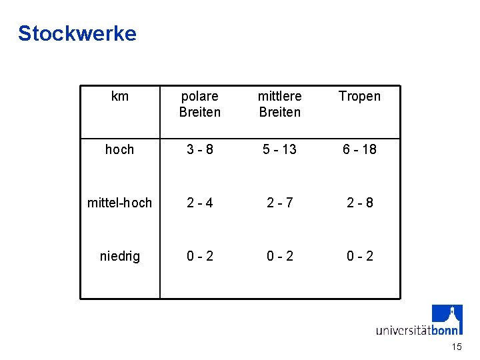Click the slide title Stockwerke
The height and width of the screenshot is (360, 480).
pyautogui.click(x=77, y=33)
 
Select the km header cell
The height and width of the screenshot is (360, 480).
pyautogui.click(x=120, y=97)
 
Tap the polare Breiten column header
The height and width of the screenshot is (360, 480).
pyautogui.click(x=200, y=104)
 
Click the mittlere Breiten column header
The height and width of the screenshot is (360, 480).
pyautogui.click(x=280, y=104)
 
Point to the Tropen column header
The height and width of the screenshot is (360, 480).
pyautogui.click(x=359, y=97)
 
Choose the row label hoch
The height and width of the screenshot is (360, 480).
pyautogui.click(x=120, y=149)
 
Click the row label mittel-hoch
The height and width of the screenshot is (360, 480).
pyautogui.click(x=120, y=203)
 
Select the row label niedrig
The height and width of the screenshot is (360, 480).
pyautogui.click(x=120, y=256)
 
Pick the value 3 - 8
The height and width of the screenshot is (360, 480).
pyautogui.click(x=200, y=149)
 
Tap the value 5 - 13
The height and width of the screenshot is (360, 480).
pyautogui.click(x=280, y=149)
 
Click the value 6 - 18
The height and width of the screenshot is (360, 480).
pyautogui.click(x=359, y=149)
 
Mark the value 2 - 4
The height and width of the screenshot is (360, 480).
pyautogui.click(x=200, y=203)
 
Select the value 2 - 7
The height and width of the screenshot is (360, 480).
pyautogui.click(x=280, y=203)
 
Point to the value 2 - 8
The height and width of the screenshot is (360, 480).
pyautogui.click(x=359, y=203)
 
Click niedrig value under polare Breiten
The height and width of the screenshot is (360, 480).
pyautogui.click(x=200, y=256)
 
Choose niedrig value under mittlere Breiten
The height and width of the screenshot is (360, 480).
pyautogui.click(x=280, y=256)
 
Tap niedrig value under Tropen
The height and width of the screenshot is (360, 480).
pyautogui.click(x=359, y=256)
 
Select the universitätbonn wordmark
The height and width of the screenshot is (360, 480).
pyautogui.click(x=417, y=329)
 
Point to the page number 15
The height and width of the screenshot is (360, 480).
pyautogui.click(x=457, y=347)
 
